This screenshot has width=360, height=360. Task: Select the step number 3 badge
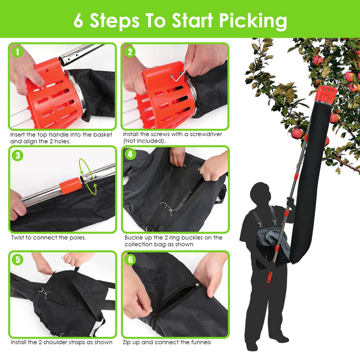tap(17, 155)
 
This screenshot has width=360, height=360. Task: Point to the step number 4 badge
tap(130, 154)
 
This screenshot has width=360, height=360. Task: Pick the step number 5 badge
tap(17, 260)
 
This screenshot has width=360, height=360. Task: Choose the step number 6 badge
tap(130, 260)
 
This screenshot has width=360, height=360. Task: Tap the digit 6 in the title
tap(78, 21)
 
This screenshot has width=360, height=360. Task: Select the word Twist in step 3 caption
tap(18, 237)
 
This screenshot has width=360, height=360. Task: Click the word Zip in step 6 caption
tap(127, 342)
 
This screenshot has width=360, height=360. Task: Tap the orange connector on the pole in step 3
tap(70, 186)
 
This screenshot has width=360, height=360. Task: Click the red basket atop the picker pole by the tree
tap(326, 95)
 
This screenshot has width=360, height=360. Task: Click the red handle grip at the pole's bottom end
tap(270, 276)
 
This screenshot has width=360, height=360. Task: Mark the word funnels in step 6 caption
tap(199, 342)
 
